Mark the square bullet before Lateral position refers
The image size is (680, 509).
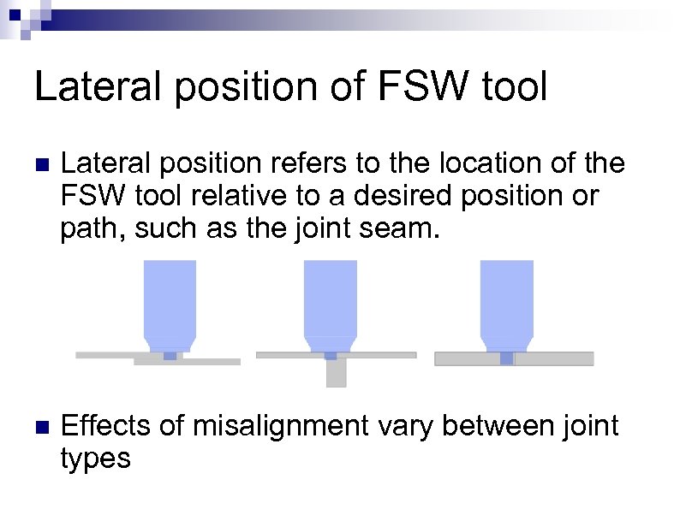pos(39,163)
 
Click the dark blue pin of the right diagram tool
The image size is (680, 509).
pos(507,358)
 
